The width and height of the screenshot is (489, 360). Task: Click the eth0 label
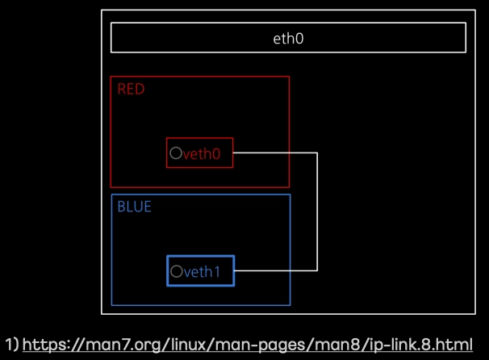[x=288, y=39]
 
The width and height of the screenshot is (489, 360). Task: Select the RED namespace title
[x=131, y=90]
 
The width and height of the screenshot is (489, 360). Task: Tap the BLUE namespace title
[x=135, y=207]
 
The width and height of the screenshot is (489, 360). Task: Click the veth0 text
[x=202, y=153]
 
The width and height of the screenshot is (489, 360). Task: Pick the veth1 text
[x=202, y=272]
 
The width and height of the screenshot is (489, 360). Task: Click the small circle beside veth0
[x=176, y=153]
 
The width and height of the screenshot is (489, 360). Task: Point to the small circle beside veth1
[x=177, y=271]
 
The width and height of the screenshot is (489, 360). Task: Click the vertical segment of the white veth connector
[x=317, y=211]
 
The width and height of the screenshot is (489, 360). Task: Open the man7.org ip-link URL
[x=248, y=345]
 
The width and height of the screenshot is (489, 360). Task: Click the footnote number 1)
[x=12, y=345]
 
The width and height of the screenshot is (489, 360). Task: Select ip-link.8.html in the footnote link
[x=421, y=345]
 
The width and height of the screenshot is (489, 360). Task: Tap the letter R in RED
[x=121, y=90]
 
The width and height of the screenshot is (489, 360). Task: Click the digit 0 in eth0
[x=299, y=39]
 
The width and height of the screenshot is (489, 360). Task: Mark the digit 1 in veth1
[x=217, y=272]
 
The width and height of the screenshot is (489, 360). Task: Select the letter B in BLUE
[x=121, y=207]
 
